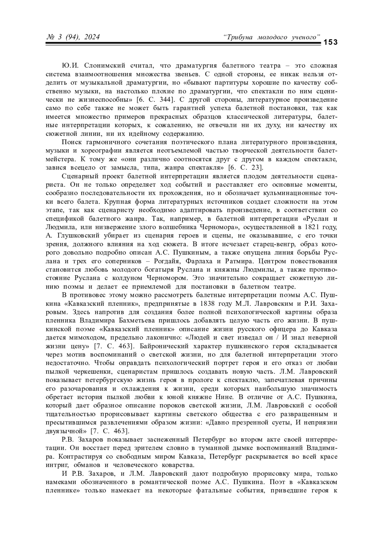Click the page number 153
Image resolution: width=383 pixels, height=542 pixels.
pyautogui.click(x=330, y=42)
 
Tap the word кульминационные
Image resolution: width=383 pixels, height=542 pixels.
pyautogui.click(x=297, y=193)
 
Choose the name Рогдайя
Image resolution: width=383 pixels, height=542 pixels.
pyautogui.click(x=166, y=261)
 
